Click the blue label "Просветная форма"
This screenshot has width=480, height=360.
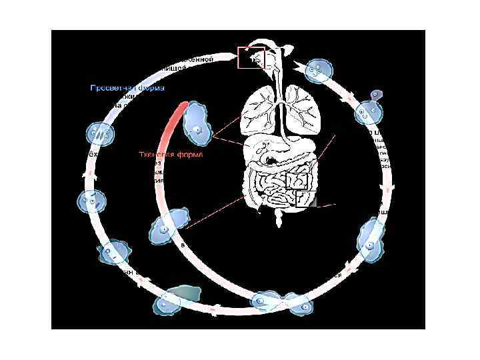pos(128,87)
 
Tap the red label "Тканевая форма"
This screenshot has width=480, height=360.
pos(170,154)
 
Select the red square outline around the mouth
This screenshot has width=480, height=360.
pos(251,58)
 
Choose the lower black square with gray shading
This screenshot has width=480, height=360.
pos(306,199)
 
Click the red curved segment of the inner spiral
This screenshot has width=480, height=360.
pos(175,123)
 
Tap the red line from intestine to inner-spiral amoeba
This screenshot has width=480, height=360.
pos(213,213)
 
